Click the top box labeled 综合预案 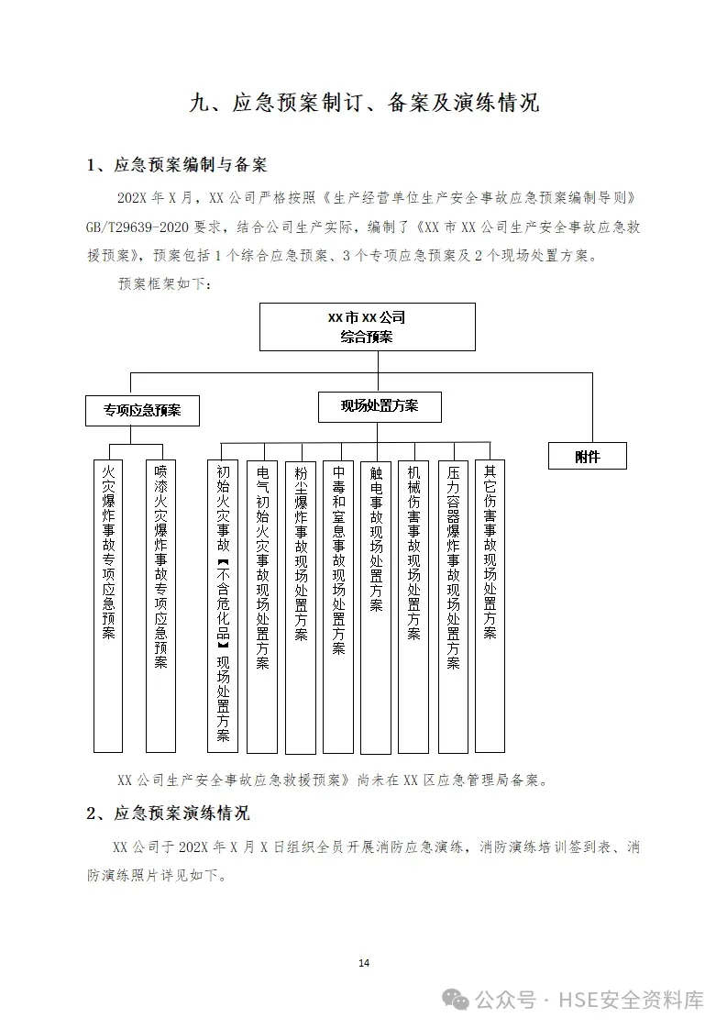(x=367, y=327)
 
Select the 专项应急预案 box (x=142, y=410)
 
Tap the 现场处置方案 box (x=380, y=406)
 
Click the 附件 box (x=587, y=456)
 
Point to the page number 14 (x=364, y=963)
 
